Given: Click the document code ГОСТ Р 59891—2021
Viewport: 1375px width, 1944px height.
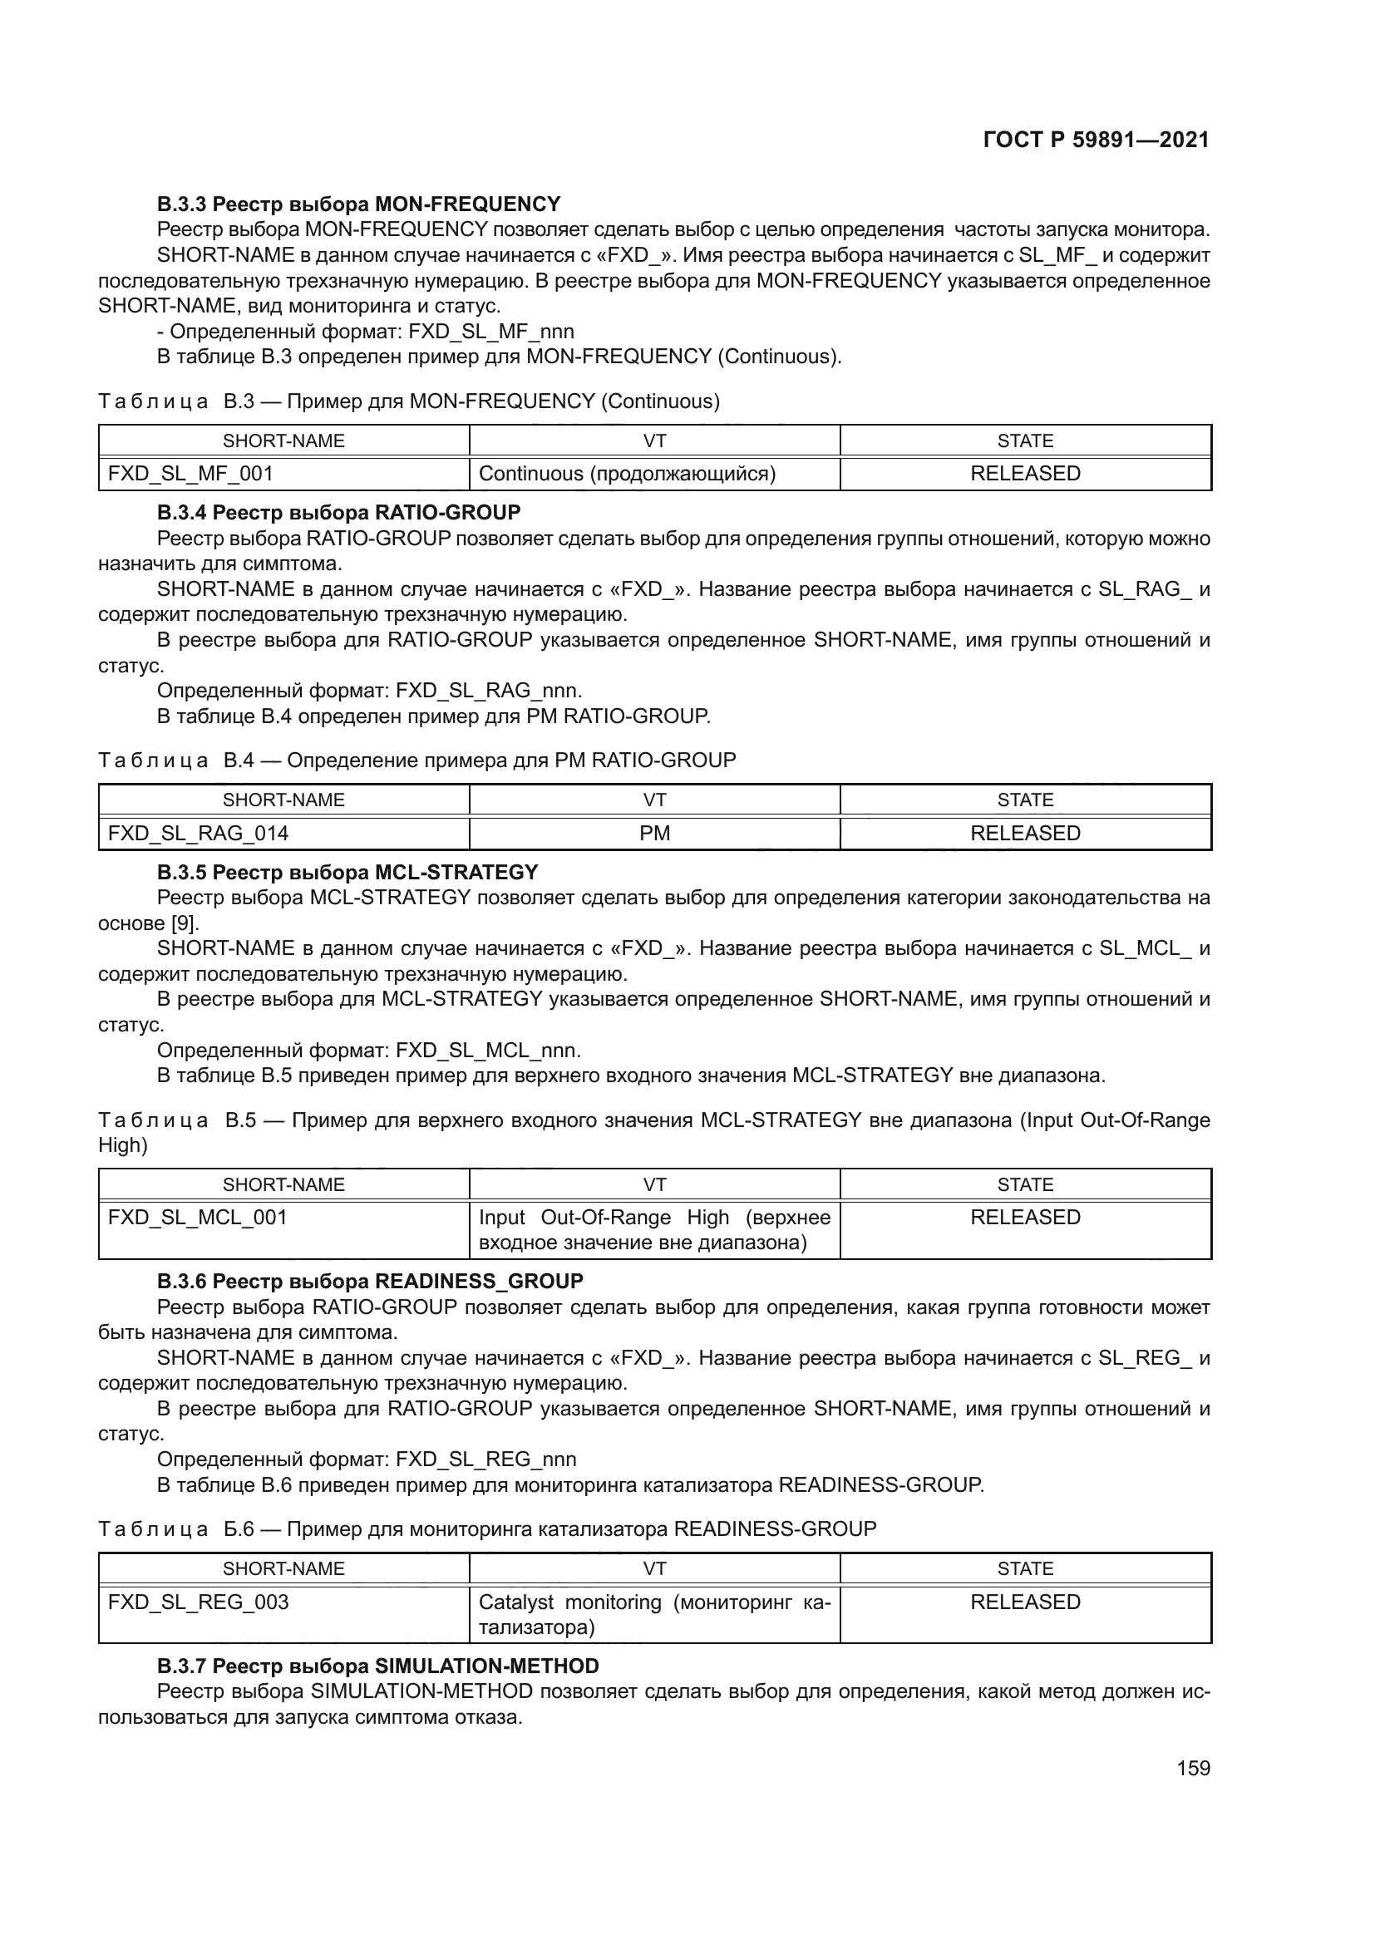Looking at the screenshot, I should [1096, 140].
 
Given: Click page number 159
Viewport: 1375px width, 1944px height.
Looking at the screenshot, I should [1193, 1768].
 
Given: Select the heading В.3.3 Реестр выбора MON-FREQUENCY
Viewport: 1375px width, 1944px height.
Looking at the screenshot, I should [358, 204].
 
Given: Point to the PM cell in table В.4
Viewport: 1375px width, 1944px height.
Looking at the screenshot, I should [654, 833].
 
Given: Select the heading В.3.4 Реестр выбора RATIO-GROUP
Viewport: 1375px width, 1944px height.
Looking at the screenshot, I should [338, 512].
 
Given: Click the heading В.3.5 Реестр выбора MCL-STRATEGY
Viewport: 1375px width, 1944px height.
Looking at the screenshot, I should [347, 872].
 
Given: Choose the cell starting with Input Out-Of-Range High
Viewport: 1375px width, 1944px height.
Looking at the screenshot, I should [654, 1229].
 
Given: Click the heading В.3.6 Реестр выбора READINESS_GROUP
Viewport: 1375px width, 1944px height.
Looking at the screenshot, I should [370, 1281].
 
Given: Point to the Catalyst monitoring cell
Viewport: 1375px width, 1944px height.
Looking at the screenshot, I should [654, 1614].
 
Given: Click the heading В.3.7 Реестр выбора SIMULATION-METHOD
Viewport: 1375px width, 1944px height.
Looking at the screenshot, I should [377, 1666].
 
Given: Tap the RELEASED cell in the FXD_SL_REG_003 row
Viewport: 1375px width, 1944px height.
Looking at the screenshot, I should [1025, 1602].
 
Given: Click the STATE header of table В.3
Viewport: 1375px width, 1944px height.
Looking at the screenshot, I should [1025, 441].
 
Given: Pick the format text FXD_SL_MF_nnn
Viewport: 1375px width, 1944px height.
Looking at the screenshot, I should [491, 331].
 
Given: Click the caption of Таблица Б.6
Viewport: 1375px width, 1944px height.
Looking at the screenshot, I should [487, 1529].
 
